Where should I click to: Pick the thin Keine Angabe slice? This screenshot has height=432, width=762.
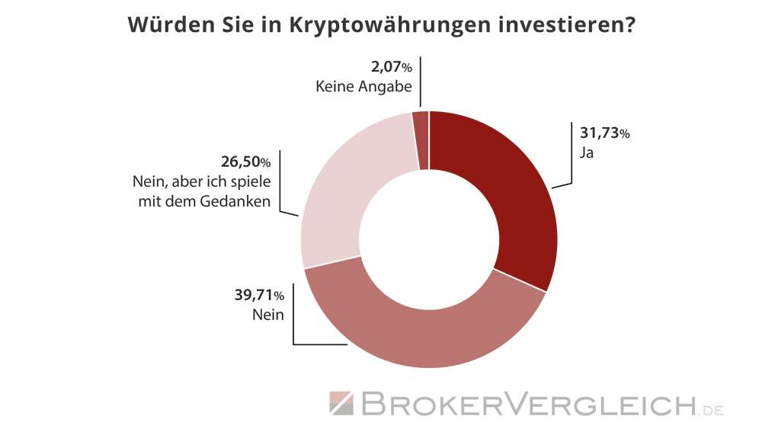click(x=421, y=140)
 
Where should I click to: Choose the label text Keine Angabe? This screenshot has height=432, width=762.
click(x=363, y=86)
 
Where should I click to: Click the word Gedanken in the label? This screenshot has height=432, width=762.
click(x=239, y=202)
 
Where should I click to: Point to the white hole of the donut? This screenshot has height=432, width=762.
click(x=429, y=239)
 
